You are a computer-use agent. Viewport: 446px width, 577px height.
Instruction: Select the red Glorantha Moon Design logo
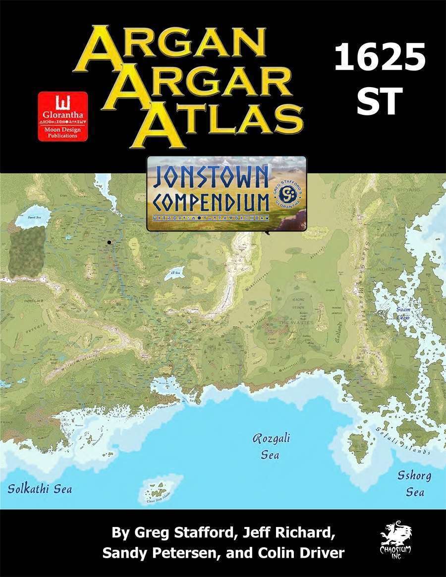click(63, 116)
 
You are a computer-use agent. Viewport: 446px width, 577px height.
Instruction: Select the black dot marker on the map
click(109, 242)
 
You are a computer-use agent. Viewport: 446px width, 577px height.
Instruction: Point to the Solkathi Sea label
click(40, 489)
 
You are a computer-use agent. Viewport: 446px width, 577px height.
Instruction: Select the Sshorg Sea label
click(414, 483)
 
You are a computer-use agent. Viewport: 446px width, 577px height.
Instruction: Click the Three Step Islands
click(160, 488)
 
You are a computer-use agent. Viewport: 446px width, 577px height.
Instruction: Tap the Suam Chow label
click(403, 313)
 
